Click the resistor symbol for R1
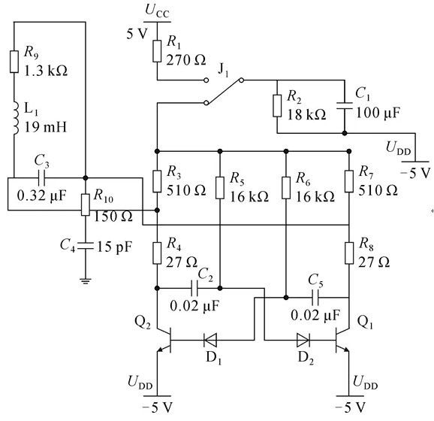(x=157, y=51)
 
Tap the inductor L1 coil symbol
(x=16, y=118)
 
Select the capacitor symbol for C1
(x=345, y=105)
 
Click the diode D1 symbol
(x=210, y=340)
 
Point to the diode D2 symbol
(x=303, y=340)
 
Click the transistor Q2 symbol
(x=164, y=340)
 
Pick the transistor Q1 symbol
(x=342, y=340)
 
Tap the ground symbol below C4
(x=86, y=281)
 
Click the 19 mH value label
(x=46, y=127)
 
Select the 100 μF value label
(x=378, y=113)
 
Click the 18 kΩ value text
(x=306, y=114)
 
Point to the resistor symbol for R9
(x=14, y=62)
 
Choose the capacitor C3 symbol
(x=41, y=177)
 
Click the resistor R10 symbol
(x=86, y=204)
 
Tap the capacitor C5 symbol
(x=315, y=298)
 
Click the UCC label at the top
(x=157, y=11)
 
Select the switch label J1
(x=224, y=70)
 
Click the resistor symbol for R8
(x=349, y=253)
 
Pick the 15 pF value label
(x=114, y=247)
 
